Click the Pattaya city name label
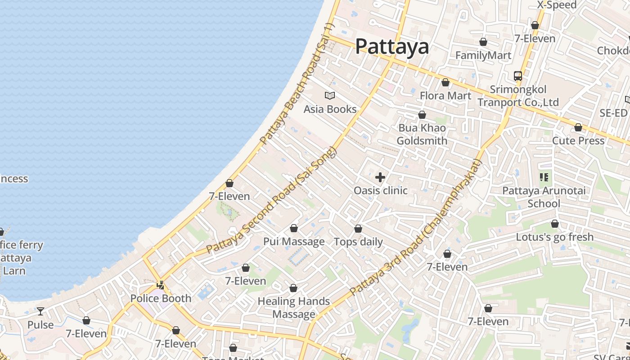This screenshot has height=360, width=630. pyautogui.click(x=392, y=46)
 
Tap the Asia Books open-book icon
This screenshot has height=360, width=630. pyautogui.click(x=330, y=95)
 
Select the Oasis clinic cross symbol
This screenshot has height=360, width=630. pyautogui.click(x=380, y=177)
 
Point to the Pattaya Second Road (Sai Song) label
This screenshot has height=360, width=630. pyautogui.click(x=272, y=200)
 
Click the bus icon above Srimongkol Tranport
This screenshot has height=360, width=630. pyautogui.click(x=518, y=76)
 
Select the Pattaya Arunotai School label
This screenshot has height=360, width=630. pyautogui.click(x=544, y=197)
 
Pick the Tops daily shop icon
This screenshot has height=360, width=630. pyautogui.click(x=358, y=229)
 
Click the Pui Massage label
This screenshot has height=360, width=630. pyautogui.click(x=294, y=242)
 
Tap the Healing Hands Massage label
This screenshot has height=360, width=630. pyautogui.click(x=294, y=307)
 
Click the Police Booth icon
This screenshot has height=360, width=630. pyautogui.click(x=160, y=285)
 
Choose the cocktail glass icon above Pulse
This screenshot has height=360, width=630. pyautogui.click(x=40, y=311)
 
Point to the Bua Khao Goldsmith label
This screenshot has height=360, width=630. pyautogui.click(x=422, y=134)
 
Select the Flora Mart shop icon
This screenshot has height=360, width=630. pyautogui.click(x=445, y=83)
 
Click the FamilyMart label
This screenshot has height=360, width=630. pyautogui.click(x=483, y=55)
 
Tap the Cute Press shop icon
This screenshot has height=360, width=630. pyautogui.click(x=578, y=128)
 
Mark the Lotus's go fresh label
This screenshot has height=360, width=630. pyautogui.click(x=555, y=237)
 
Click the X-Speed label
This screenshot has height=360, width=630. pyautogui.click(x=557, y=5)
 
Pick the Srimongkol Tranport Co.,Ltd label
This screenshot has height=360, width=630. pyautogui.click(x=518, y=96)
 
